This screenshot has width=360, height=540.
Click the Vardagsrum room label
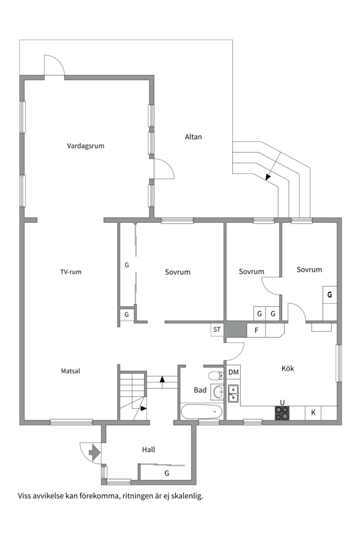[x=85, y=146]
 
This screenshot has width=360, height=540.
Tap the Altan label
[x=193, y=136]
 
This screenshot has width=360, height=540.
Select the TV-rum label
[x=71, y=271]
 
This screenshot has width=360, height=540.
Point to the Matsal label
[x=70, y=371]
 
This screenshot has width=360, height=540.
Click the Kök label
[x=287, y=368]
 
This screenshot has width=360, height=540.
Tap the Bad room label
[x=200, y=390]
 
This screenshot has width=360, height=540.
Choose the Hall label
[x=148, y=449]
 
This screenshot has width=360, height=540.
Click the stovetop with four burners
[x=282, y=413]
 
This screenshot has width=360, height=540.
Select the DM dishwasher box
[x=233, y=372]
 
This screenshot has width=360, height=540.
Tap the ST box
[x=217, y=329]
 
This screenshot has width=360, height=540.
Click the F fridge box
[x=256, y=330]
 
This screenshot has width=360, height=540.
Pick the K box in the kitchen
[x=313, y=412]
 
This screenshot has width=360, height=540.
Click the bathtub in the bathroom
[x=201, y=411]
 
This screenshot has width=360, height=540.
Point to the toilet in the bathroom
[x=216, y=374]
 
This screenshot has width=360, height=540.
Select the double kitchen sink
[x=233, y=393]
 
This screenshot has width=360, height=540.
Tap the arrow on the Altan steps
[x=274, y=165]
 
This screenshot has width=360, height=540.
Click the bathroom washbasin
[x=218, y=391]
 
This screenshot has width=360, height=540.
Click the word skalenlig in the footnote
[x=188, y=496]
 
